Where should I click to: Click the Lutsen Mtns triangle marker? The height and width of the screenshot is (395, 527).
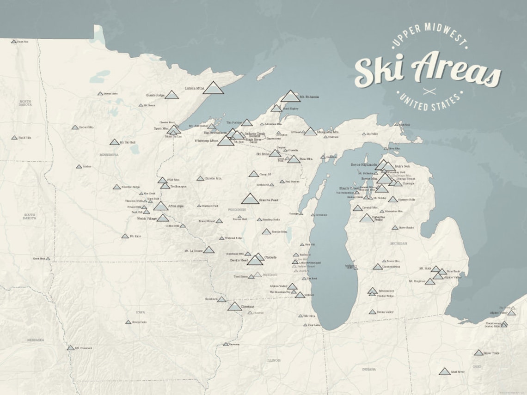click(x=213, y=88)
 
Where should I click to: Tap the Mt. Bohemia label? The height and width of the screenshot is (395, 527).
click(x=309, y=97)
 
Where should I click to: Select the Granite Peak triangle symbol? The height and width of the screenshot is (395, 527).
click(x=250, y=199)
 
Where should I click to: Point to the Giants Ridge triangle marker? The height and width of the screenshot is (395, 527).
click(x=172, y=95)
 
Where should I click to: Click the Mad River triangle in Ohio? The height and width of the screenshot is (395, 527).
click(x=445, y=371)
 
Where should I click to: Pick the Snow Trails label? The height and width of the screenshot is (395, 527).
click(x=491, y=353)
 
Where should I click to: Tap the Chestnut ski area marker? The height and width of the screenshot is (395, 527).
click(x=234, y=307)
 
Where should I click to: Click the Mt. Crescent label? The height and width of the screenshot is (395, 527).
click(x=84, y=348)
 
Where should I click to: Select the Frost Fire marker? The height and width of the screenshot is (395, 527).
click(x=14, y=42)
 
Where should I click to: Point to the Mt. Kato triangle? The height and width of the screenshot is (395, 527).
click(x=125, y=236)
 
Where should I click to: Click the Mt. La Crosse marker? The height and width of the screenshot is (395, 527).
click(x=209, y=250)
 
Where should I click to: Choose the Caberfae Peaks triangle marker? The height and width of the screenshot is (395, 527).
click(x=367, y=218)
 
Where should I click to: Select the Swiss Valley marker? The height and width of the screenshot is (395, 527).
click(x=372, y=312)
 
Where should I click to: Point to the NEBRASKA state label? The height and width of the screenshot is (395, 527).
click(x=35, y=340)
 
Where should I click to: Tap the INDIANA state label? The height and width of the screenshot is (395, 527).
click(x=369, y=369)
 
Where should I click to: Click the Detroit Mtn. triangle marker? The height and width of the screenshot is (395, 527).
click(x=75, y=127)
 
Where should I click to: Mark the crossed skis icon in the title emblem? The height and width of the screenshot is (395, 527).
click(x=429, y=91)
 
